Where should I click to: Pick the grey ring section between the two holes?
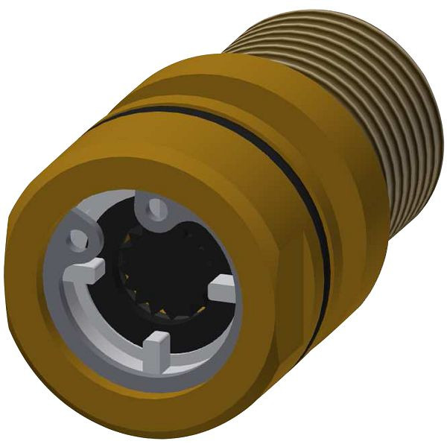tap(112, 212)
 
